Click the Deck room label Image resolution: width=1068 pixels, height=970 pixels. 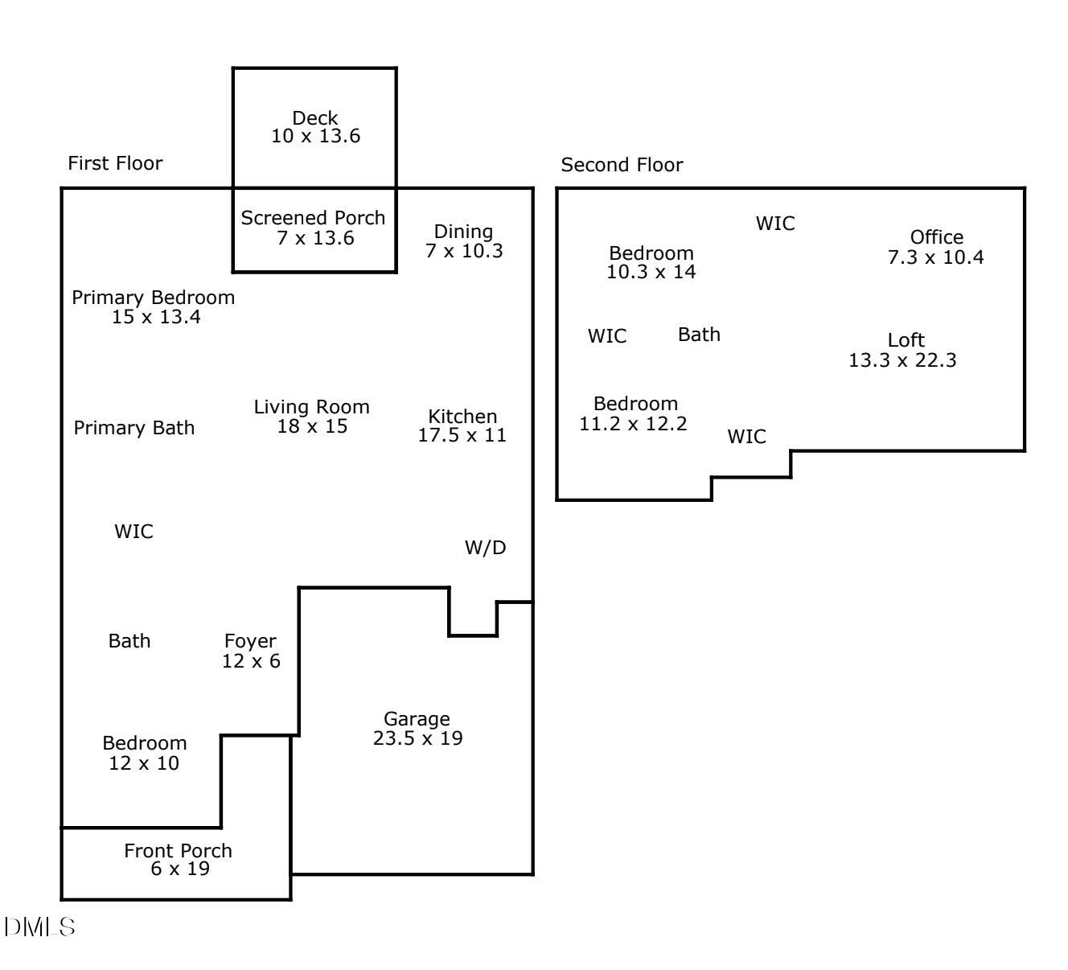tap(315, 118)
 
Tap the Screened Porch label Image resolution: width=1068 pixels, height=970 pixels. tap(314, 218)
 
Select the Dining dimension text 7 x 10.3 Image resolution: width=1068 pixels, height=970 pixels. tap(464, 251)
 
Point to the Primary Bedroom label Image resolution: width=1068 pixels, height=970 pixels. tap(154, 298)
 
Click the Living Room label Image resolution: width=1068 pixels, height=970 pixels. tap(312, 407)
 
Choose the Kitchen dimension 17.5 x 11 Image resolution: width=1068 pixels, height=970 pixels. tap(462, 436)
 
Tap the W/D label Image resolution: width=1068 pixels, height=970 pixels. tap(486, 548)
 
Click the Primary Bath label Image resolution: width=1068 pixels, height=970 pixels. tap(134, 428)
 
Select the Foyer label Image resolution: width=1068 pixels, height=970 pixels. tap(250, 641)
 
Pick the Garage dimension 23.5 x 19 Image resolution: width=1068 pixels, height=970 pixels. tap(418, 738)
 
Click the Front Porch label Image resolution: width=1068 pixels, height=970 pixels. tap(178, 850)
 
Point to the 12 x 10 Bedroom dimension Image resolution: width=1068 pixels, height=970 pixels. tap(144, 763)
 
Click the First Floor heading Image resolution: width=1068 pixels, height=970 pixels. tap(115, 163)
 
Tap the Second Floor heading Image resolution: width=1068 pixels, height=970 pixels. tap(622, 165)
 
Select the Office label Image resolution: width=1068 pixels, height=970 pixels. tap(937, 237)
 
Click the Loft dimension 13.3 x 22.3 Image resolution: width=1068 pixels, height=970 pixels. tap(903, 360)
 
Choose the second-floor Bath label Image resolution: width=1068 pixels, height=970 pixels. tap(699, 335)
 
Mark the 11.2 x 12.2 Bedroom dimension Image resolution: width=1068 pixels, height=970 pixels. tap(634, 424)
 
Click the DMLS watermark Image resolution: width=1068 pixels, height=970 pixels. tap(39, 927)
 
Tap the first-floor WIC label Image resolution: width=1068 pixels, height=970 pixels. tap(133, 532)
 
